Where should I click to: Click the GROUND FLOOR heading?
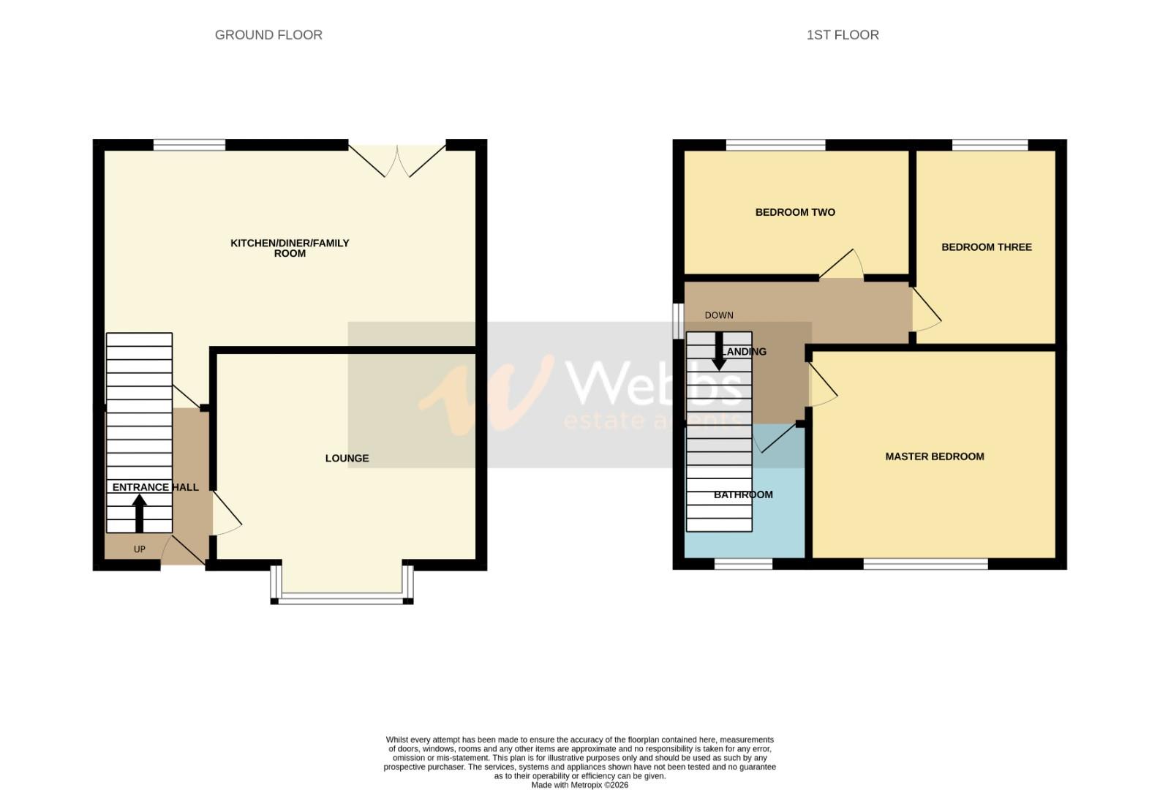coord(268,34)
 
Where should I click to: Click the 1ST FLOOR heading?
coord(842,34)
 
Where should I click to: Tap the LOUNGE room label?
coord(347,459)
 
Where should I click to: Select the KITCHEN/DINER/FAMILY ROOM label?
coord(290,248)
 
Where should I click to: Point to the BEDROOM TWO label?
coord(795,212)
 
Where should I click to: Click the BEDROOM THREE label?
coord(986,247)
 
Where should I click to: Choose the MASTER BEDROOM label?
coord(934,456)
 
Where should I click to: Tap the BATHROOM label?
coord(743,495)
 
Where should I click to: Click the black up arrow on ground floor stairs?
coord(138,513)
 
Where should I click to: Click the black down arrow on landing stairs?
coord(719,352)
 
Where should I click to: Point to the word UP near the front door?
coord(139,549)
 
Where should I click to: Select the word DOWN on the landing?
coord(718,315)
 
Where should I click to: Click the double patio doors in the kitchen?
coord(397,160)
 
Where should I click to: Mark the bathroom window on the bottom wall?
coord(743,563)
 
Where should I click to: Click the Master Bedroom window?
coord(925,563)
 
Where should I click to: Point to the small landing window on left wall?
coord(677,320)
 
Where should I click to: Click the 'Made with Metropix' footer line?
coord(579,785)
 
